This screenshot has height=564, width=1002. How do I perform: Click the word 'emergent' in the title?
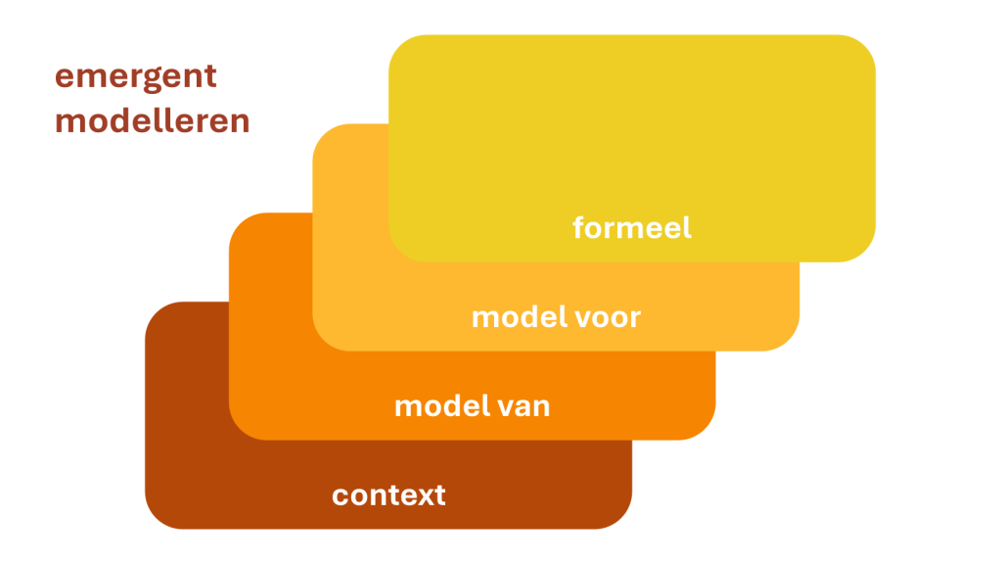tap(135, 76)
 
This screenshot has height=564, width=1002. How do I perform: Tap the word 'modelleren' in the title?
tap(152, 121)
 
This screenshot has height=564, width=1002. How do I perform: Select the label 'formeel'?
tap(631, 228)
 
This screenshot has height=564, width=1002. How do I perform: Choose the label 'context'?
tap(388, 494)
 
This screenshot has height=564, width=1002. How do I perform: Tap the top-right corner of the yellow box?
tap(867, 43)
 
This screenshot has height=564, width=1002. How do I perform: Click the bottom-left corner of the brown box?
tap(154, 520)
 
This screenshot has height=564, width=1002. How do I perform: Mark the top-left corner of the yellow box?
tap(397, 43)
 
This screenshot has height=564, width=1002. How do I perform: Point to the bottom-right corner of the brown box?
tap(623, 520)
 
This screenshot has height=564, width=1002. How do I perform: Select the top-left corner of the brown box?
tap(154, 310)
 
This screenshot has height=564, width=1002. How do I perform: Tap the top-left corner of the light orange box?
tap(321, 133)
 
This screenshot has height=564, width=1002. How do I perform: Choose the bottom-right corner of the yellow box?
tap(867, 254)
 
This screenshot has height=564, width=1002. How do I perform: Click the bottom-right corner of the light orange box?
tap(791, 342)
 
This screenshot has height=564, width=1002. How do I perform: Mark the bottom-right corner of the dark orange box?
tap(707, 431)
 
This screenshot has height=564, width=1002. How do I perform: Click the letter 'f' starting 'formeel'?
tap(578, 227)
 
